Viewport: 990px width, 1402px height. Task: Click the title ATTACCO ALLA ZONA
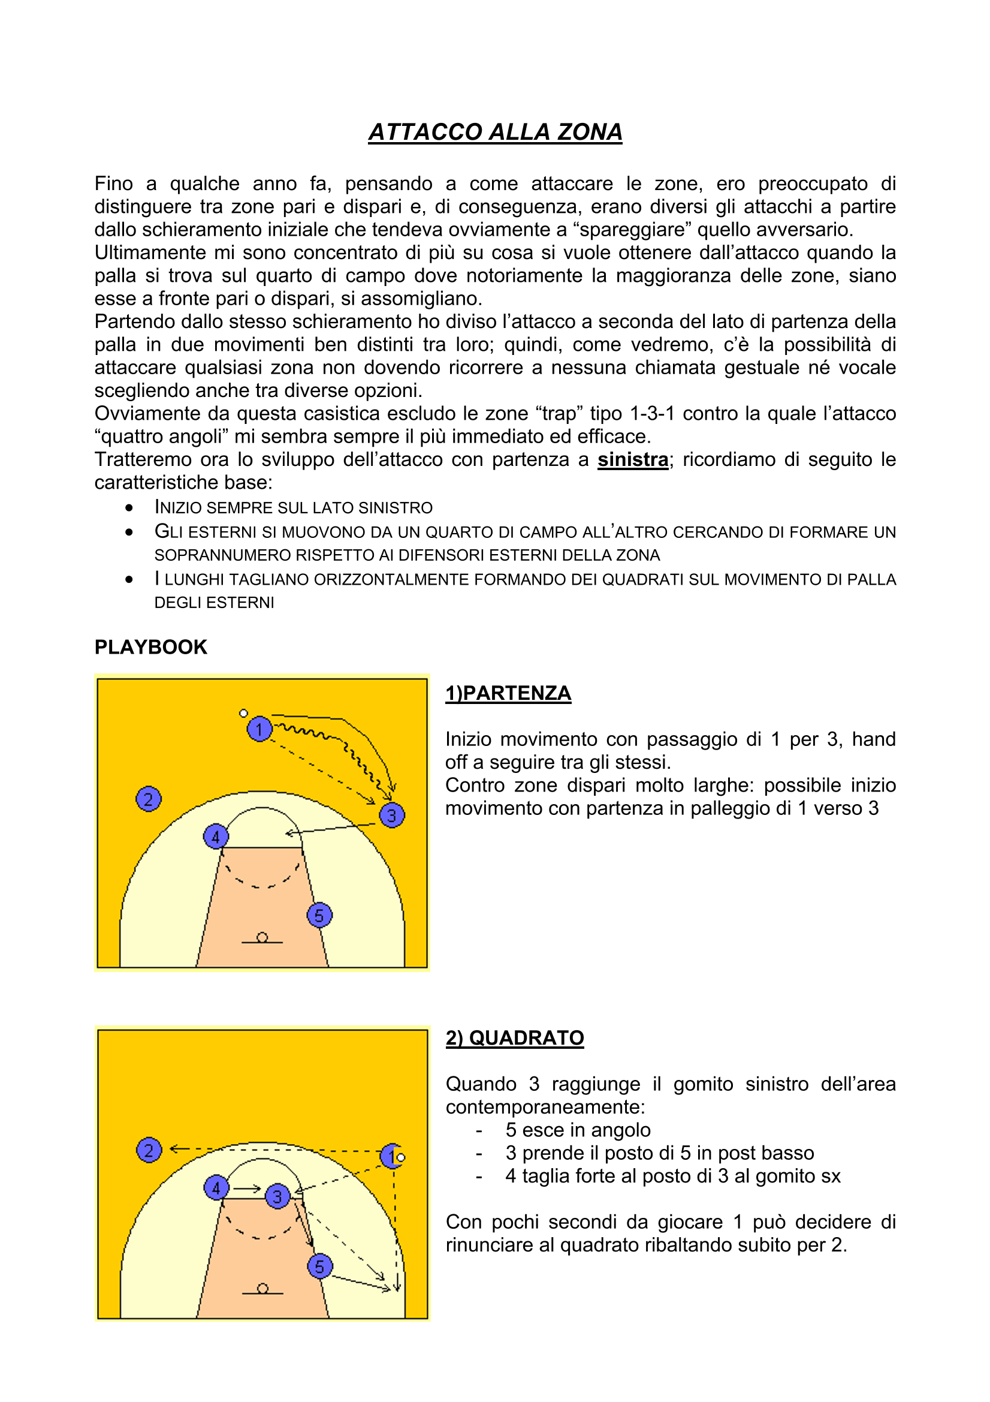495,132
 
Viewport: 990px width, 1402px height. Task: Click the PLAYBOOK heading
151,647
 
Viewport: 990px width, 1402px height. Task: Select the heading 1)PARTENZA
508,693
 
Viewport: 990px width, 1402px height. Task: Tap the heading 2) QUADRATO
515,1038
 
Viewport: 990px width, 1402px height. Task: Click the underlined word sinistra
632,459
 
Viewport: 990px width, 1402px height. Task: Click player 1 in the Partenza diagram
259,729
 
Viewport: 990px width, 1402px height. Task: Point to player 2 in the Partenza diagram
148,799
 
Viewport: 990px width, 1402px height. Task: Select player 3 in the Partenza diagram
392,815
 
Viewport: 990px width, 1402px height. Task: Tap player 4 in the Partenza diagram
216,837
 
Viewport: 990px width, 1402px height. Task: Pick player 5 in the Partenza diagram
319,915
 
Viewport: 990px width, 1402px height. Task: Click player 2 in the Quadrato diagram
148,1150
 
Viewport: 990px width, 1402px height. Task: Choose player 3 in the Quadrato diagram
277,1196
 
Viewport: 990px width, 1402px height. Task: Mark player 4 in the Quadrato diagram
216,1188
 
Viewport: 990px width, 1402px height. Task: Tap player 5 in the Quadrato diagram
320,1266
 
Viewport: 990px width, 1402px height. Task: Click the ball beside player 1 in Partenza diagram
243,713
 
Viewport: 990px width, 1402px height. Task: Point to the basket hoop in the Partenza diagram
262,937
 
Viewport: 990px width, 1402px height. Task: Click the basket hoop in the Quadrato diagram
262,1289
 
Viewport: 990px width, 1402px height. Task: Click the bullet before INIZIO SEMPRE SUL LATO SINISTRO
129,507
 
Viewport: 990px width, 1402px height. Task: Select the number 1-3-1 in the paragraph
652,413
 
